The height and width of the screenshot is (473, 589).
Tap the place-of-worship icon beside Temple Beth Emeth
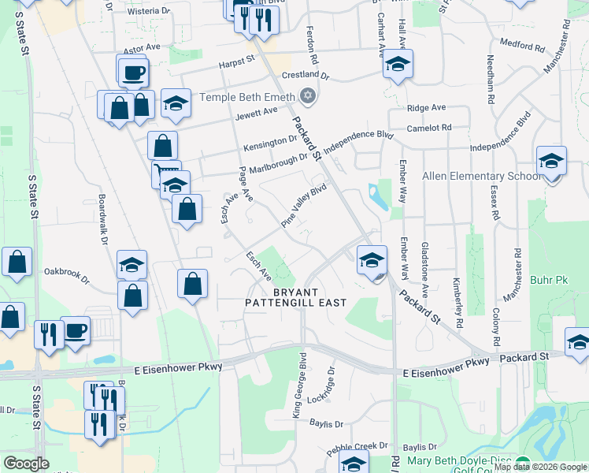(308, 98)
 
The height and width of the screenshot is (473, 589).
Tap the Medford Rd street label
(528, 47)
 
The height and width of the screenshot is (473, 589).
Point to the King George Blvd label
(299, 386)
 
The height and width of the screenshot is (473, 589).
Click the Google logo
(27, 464)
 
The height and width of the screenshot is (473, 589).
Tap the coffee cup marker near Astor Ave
(132, 73)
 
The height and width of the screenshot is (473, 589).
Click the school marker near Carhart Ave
(398, 65)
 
